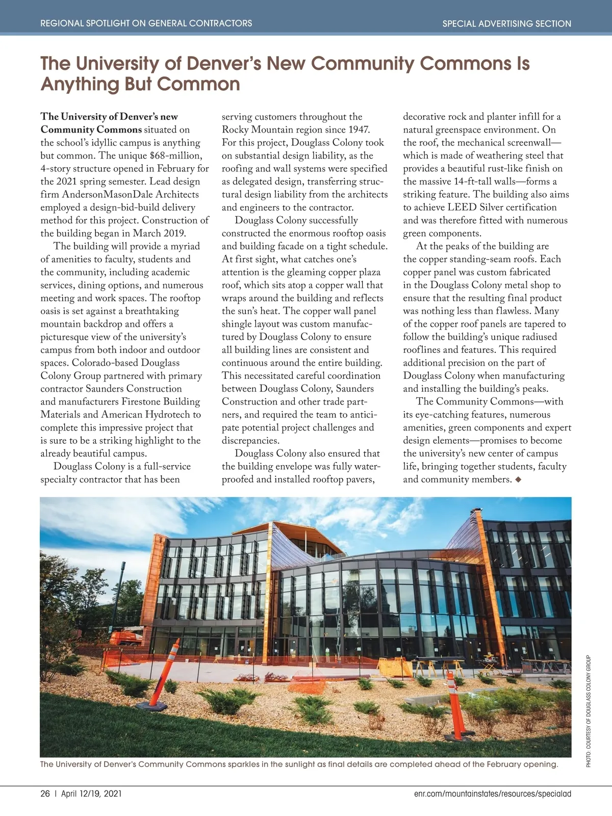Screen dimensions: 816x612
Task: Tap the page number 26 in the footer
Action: click(45, 794)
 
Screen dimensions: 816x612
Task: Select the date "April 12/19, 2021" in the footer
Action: click(91, 794)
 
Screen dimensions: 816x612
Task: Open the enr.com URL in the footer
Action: click(493, 794)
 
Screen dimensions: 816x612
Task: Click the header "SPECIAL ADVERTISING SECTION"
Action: click(506, 23)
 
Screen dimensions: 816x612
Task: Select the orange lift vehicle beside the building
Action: click(126, 639)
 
